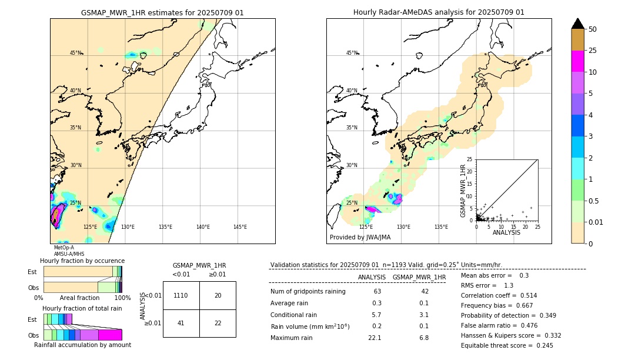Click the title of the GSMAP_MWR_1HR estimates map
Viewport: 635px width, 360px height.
click(x=162, y=12)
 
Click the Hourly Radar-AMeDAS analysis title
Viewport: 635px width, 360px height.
click(x=439, y=12)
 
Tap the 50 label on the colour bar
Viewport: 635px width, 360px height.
click(x=593, y=29)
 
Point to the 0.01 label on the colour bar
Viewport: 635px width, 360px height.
click(x=596, y=222)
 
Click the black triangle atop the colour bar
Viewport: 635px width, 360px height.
click(x=578, y=24)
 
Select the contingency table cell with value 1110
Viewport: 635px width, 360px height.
click(x=181, y=295)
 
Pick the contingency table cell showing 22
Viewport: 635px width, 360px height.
click(x=218, y=324)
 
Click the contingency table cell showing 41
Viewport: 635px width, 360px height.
click(x=181, y=324)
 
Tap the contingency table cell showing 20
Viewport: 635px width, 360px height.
click(x=218, y=295)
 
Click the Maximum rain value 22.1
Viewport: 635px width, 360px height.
click(x=375, y=338)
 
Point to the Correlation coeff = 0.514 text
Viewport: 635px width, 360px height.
click(x=499, y=295)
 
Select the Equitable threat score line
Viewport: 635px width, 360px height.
click(x=507, y=345)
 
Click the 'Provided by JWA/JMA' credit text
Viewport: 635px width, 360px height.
click(x=360, y=238)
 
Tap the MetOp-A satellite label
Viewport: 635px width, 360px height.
click(x=64, y=248)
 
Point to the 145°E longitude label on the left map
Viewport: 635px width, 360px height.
click(x=240, y=227)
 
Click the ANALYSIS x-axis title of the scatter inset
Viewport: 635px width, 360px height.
click(x=507, y=232)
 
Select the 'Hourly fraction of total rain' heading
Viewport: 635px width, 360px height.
click(x=82, y=308)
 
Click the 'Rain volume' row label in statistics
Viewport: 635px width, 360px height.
click(x=310, y=326)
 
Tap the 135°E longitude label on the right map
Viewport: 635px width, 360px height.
click(x=441, y=227)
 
